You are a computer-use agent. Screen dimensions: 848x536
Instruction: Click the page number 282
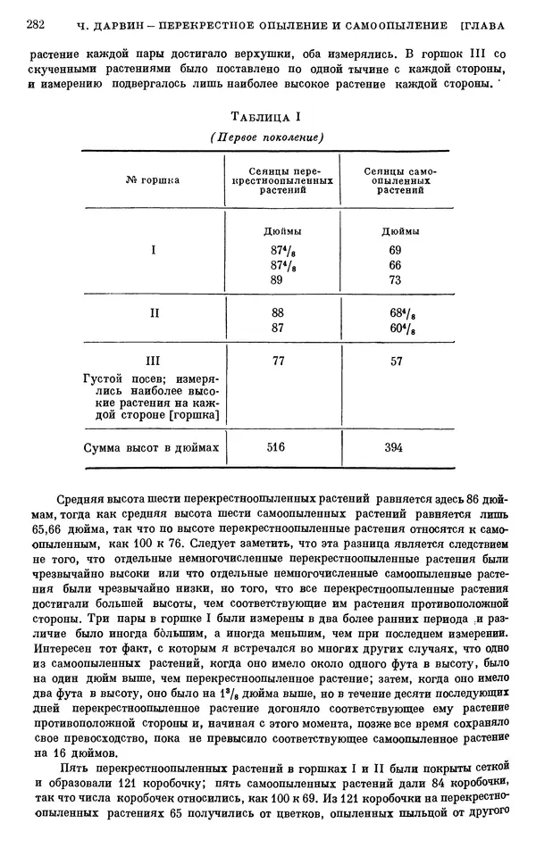(x=37, y=24)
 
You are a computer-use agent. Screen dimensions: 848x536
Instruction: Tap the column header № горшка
(x=153, y=179)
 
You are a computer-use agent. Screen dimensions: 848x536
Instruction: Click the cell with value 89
(x=276, y=279)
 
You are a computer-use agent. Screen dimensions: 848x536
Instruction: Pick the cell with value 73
(x=395, y=279)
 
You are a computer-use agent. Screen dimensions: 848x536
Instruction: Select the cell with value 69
(x=395, y=251)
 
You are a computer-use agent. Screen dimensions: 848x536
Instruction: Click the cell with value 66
(x=395, y=265)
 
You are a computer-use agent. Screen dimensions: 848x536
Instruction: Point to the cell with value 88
(x=276, y=313)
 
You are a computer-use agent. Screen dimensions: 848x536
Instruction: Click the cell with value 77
(x=276, y=362)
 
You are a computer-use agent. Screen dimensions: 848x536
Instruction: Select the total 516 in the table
(x=276, y=447)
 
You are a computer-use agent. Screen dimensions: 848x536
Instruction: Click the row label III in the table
(x=153, y=362)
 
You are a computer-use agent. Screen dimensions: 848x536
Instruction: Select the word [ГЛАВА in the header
(x=483, y=24)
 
